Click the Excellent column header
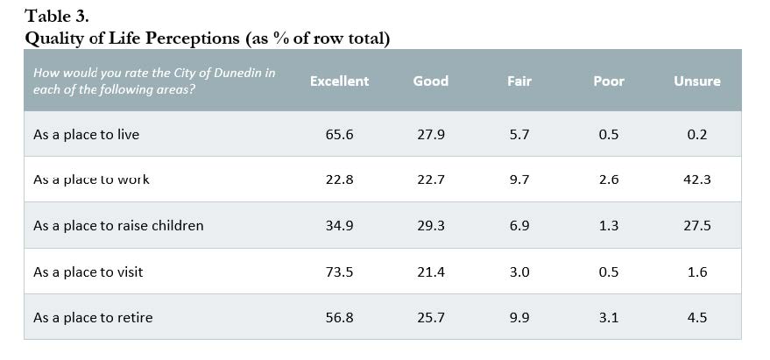(x=339, y=81)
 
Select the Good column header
(x=430, y=81)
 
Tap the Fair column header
(x=519, y=81)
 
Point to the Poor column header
(x=609, y=81)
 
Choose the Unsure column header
(x=696, y=81)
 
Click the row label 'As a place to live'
(x=86, y=135)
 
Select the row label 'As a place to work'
(x=91, y=180)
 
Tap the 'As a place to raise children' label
(x=118, y=226)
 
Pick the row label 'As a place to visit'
(x=88, y=272)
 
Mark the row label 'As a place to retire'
(x=93, y=317)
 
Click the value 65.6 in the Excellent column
(x=339, y=135)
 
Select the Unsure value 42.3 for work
(x=696, y=180)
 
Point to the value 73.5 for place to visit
(x=339, y=272)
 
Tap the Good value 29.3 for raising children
(x=430, y=226)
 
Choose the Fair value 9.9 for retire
(x=519, y=317)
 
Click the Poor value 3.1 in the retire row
(x=609, y=317)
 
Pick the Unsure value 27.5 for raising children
(x=696, y=226)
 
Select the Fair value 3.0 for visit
(x=519, y=272)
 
